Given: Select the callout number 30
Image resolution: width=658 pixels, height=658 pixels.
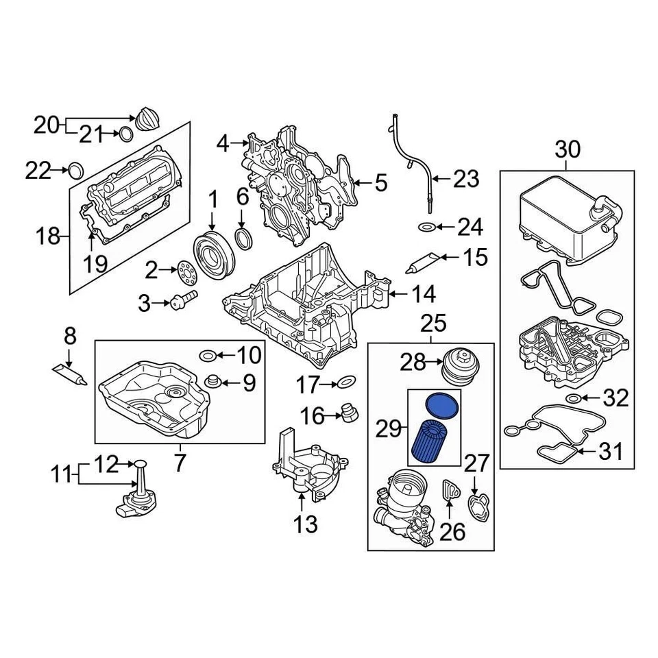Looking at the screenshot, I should click(567, 149).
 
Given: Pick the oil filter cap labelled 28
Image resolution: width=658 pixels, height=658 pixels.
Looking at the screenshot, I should click(458, 365).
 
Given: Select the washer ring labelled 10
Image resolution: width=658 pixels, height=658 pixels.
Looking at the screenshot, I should click(208, 354).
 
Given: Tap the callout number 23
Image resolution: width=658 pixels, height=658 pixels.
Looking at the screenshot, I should click(466, 180).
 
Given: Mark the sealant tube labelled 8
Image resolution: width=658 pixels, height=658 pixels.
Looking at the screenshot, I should click(69, 373).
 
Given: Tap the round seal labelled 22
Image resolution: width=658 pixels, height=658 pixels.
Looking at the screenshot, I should click(76, 169).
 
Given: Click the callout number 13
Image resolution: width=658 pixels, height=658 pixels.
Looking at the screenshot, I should click(306, 524).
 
